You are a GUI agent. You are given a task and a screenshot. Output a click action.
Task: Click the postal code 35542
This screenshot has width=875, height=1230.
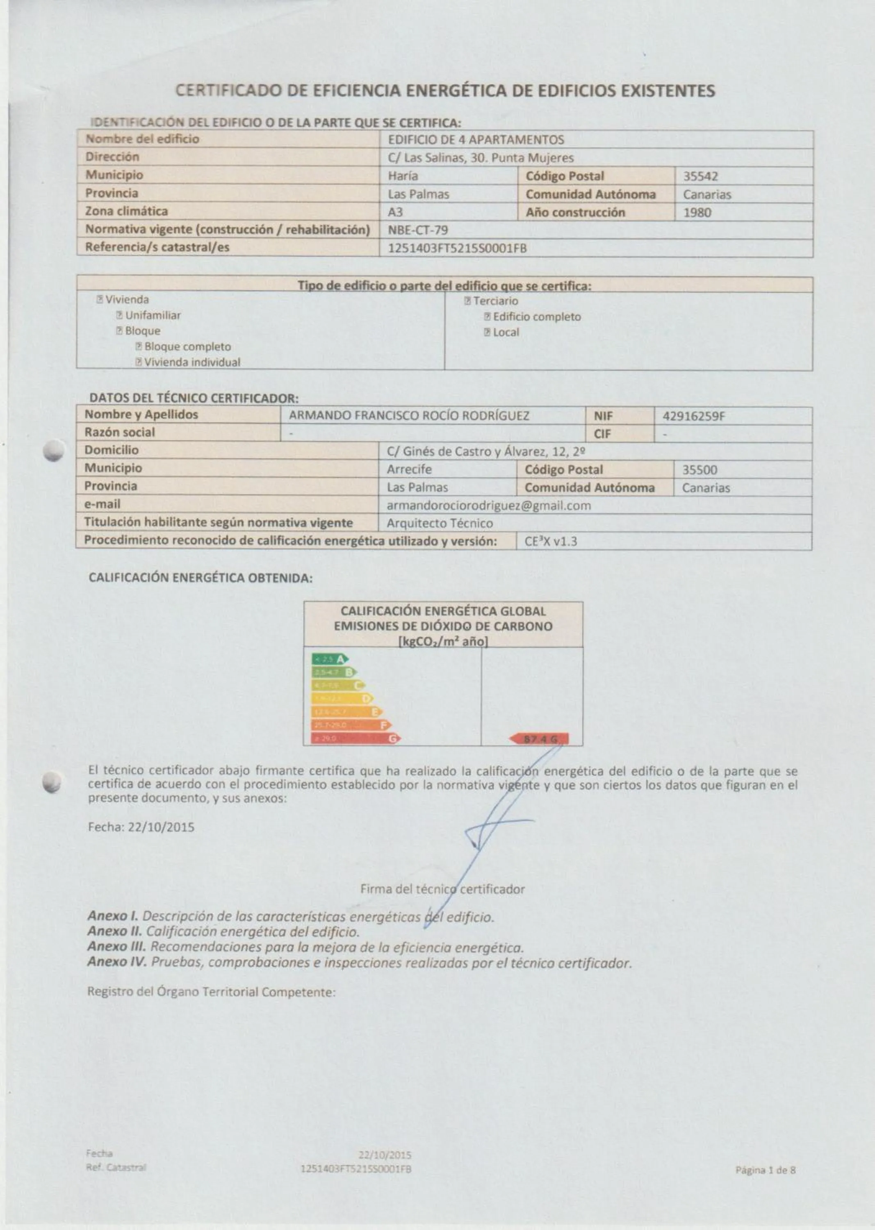point(700,176)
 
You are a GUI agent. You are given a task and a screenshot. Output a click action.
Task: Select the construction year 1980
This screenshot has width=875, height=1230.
point(697,212)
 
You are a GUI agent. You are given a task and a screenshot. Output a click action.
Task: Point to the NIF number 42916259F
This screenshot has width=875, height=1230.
point(693,416)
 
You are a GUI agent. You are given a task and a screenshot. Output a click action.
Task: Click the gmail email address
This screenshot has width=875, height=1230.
point(489,506)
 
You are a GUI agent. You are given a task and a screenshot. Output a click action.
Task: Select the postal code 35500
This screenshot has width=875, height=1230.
point(700,470)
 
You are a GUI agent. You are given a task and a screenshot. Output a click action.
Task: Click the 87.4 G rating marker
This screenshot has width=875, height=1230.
point(539,739)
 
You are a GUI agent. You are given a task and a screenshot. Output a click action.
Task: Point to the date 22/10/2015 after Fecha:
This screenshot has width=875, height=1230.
point(161,827)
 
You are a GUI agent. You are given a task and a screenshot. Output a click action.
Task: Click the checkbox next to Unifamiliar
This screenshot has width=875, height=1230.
point(120,316)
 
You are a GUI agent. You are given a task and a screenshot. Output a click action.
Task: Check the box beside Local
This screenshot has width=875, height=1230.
point(487,333)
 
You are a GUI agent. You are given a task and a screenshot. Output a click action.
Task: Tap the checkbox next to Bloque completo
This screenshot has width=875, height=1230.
point(139,347)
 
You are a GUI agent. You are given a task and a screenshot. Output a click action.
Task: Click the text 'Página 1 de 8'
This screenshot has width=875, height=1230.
point(765,1170)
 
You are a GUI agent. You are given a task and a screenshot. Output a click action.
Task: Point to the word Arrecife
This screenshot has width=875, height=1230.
point(409,469)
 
